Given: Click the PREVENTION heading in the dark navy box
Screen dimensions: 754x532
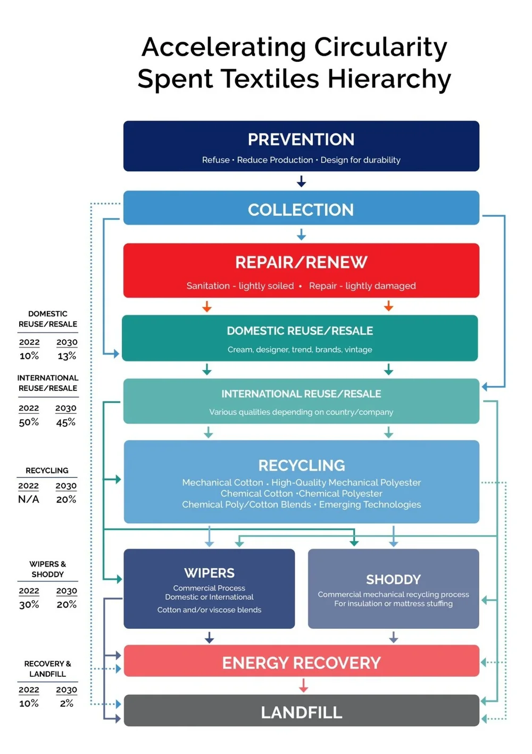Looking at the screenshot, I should pyautogui.click(x=301, y=140).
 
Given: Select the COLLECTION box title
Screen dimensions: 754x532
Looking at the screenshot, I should pyautogui.click(x=301, y=210).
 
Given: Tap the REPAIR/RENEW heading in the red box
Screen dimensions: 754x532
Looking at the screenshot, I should pyautogui.click(x=301, y=263).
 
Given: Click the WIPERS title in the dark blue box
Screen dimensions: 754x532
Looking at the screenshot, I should pyautogui.click(x=209, y=573).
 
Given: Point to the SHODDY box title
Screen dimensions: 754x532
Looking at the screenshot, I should pyautogui.click(x=393, y=579).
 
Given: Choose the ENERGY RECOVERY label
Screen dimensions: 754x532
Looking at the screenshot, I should pyautogui.click(x=301, y=663).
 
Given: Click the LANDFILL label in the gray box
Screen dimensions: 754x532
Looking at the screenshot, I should pyautogui.click(x=301, y=712).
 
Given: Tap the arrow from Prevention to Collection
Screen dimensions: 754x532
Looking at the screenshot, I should pyautogui.click(x=301, y=182).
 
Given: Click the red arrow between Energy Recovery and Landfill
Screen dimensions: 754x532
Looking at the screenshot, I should pyautogui.click(x=303, y=686).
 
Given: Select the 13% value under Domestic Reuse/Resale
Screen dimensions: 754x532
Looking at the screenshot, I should pyautogui.click(x=67, y=356).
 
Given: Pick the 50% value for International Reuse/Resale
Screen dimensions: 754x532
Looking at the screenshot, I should pyautogui.click(x=29, y=422).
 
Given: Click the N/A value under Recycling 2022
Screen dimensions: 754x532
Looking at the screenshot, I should pyautogui.click(x=29, y=499).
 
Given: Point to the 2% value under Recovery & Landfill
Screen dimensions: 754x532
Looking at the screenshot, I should pyautogui.click(x=66, y=703).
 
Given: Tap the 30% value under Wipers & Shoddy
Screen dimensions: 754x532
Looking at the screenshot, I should pyautogui.click(x=29, y=604).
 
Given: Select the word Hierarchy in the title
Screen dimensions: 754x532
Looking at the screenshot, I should pyautogui.click(x=389, y=79).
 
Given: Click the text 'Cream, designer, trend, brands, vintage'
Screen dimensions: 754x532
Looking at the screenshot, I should pyautogui.click(x=300, y=350).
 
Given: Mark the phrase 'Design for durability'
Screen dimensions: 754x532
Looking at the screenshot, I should pyautogui.click(x=360, y=160).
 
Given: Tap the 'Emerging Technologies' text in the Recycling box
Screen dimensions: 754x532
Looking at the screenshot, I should pyautogui.click(x=370, y=504).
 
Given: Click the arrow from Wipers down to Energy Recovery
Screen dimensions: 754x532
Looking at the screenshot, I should pyautogui.click(x=209, y=637).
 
